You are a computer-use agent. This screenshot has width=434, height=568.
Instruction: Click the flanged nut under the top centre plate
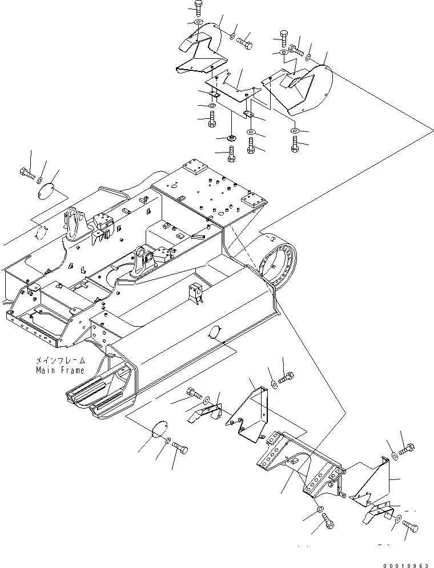[232, 138]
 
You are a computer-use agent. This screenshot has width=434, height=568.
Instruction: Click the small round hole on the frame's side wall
[216, 332]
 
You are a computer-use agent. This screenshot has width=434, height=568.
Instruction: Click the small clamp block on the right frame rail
[196, 291]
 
